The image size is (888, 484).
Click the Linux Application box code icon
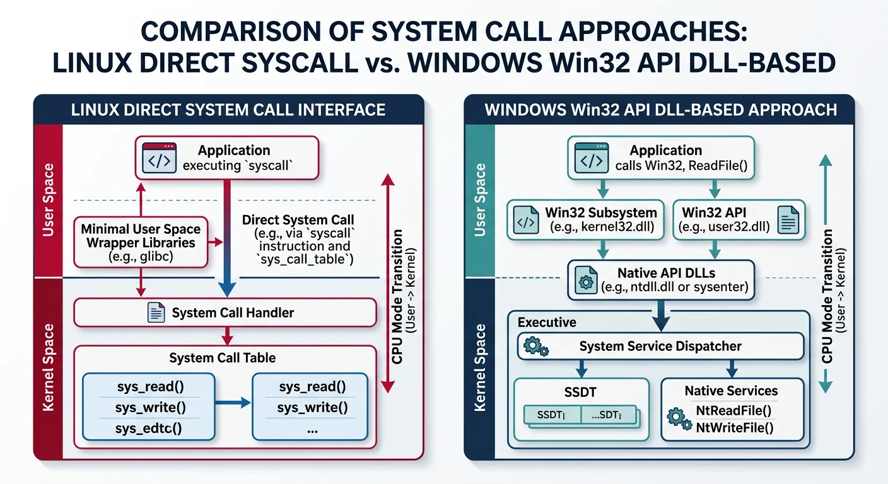(158, 158)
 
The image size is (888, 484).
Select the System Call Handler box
(225, 313)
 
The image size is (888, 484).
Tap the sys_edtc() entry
(149, 429)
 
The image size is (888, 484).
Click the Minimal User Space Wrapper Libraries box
(141, 243)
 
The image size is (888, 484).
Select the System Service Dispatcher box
(660, 346)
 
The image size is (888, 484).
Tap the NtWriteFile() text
(734, 429)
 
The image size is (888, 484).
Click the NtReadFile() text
(733, 412)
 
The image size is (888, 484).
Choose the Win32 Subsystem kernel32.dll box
(585, 220)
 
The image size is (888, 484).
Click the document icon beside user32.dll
(788, 221)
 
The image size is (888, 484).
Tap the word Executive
(547, 322)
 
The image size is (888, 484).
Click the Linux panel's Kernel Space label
(48, 368)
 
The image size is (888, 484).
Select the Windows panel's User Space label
(480, 199)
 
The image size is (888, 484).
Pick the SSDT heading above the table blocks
(581, 391)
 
